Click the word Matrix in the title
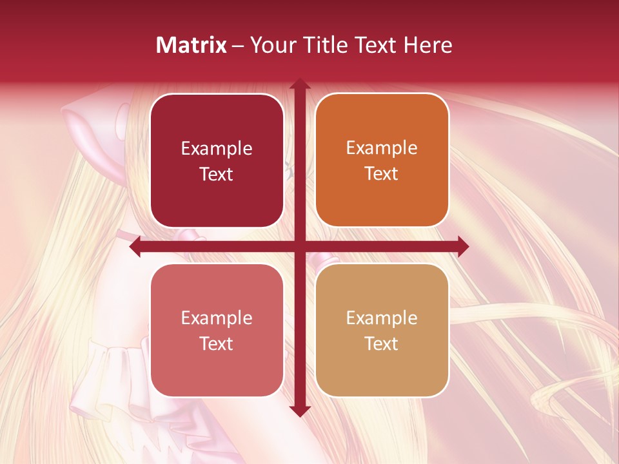pos(192,45)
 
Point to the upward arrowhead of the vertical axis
pos(299,84)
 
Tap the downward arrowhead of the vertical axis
pos(299,411)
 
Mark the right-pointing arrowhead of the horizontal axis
pos(462,247)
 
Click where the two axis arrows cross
pos(299,247)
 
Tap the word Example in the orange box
pos(382,148)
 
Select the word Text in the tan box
pos(382,344)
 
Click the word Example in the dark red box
pos(217,149)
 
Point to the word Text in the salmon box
pos(217,344)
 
